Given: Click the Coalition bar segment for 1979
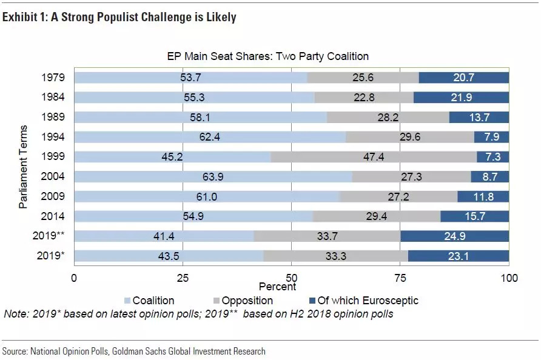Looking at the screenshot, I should (x=190, y=78).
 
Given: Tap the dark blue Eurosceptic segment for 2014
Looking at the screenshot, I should (x=474, y=216).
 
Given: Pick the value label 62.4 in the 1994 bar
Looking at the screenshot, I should (x=210, y=137).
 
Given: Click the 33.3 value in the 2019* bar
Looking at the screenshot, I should (x=335, y=256).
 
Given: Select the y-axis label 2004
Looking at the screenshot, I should (x=54, y=177).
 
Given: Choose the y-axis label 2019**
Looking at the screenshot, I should (x=50, y=236).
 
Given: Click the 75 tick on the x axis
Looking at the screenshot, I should (x=400, y=278).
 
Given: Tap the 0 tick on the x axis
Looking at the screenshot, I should (x=74, y=278).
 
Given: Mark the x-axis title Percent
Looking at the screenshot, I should (x=277, y=286).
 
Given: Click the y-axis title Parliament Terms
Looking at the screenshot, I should (x=23, y=167).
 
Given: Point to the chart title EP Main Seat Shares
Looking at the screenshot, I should (x=268, y=56).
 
